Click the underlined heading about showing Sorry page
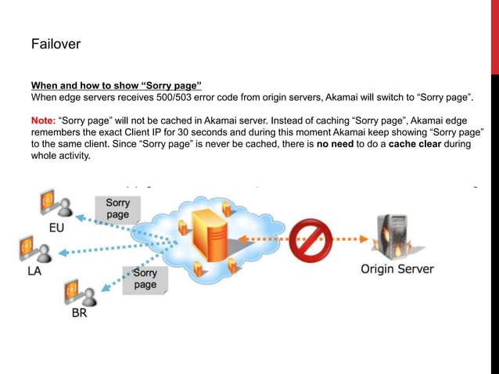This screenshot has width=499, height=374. click(116, 85)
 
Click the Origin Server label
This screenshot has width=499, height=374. click(397, 270)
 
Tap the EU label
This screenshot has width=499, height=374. click(57, 228)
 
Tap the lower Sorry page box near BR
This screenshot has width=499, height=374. click(144, 279)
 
